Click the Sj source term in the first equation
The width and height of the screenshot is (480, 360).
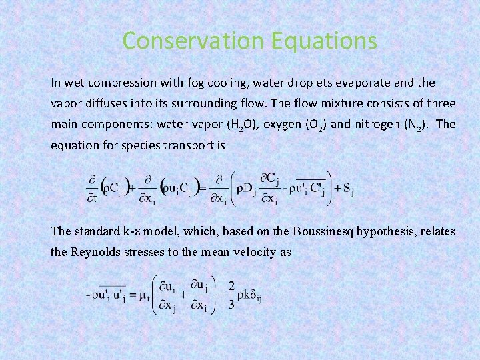pyautogui.click(x=347, y=190)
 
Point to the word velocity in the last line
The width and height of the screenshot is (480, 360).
pyautogui.click(x=269, y=253)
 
